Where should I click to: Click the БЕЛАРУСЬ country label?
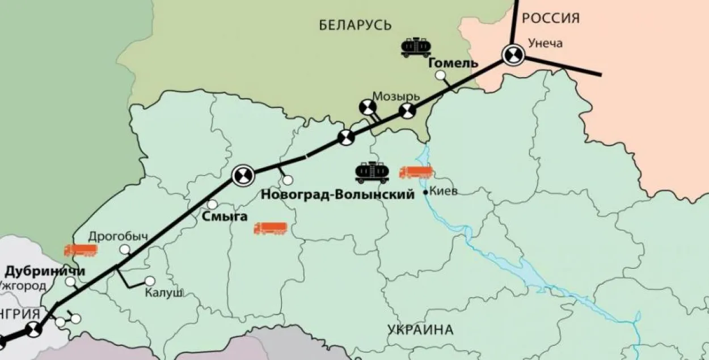pyautogui.click(x=355, y=25)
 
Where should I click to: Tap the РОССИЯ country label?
pyautogui.click(x=550, y=19)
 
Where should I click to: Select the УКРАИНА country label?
pyautogui.click(x=421, y=330)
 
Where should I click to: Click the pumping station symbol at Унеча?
pyautogui.click(x=513, y=56)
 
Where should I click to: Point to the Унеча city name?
pyautogui.click(x=545, y=43)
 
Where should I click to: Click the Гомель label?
pyautogui.click(x=453, y=63)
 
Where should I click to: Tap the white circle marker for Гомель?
pyautogui.click(x=440, y=75)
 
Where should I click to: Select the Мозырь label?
pyautogui.click(x=396, y=96)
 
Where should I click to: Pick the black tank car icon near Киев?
pyautogui.click(x=372, y=172)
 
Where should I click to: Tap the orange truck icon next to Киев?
pyautogui.click(x=416, y=172)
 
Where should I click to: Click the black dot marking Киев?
pyautogui.click(x=426, y=193)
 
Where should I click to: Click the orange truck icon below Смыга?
pyautogui.click(x=271, y=228)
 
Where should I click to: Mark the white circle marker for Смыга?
pyautogui.click(x=212, y=204)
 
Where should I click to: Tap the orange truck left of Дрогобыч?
pyautogui.click(x=81, y=250)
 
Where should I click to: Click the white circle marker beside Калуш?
pyautogui.click(x=150, y=281)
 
